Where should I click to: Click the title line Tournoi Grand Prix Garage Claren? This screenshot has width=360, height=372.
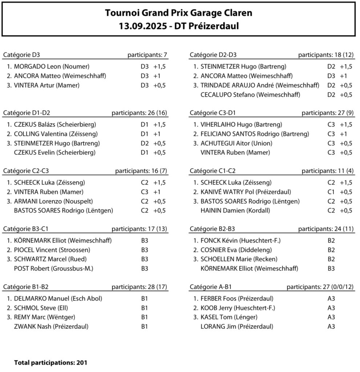178,13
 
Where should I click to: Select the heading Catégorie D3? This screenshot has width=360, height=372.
21,55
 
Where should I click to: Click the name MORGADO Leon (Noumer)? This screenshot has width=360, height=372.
52,66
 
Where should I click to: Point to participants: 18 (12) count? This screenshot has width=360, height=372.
326,55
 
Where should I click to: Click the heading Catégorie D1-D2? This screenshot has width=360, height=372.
27,113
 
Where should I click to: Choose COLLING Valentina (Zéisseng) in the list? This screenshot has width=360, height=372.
54,134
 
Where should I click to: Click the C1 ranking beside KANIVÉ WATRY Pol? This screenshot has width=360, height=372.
331,192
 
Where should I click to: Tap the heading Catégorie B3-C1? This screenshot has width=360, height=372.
26,229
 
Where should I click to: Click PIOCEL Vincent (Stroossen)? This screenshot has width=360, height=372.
52,250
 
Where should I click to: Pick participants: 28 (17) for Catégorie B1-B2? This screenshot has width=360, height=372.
139,287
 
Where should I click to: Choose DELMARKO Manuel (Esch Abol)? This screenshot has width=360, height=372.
58,299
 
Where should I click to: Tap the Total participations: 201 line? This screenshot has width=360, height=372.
50,363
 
